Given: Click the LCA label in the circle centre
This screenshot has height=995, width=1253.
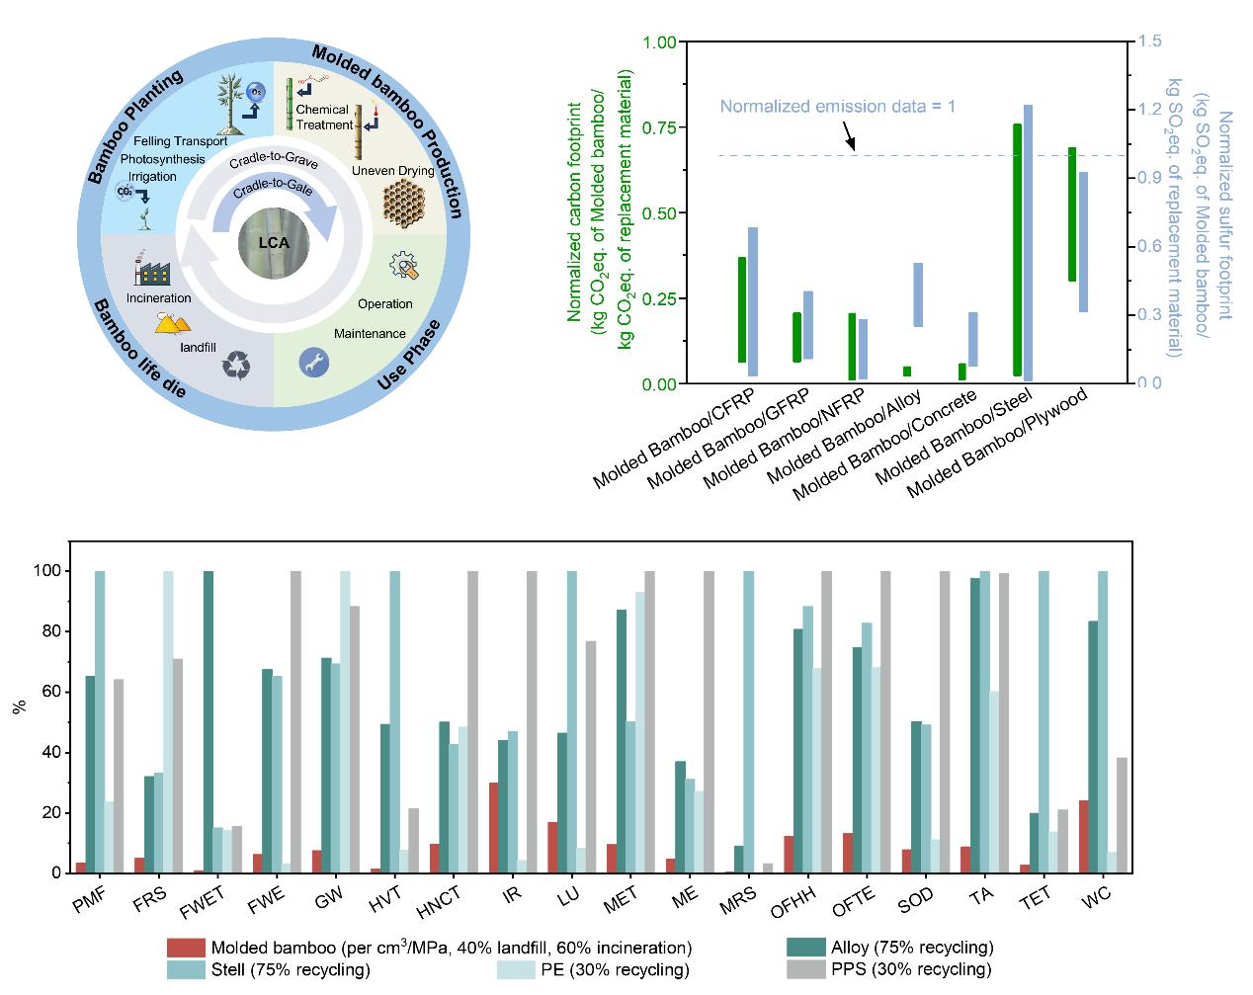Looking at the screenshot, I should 273,242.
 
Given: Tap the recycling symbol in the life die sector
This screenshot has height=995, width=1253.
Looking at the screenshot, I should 237,366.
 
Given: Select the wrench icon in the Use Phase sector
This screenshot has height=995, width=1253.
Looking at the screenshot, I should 313,363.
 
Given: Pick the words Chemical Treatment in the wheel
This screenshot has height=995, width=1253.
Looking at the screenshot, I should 323,118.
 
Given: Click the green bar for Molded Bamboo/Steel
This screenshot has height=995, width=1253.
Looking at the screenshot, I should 1017,250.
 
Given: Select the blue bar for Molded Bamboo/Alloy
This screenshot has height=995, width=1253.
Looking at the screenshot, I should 918,294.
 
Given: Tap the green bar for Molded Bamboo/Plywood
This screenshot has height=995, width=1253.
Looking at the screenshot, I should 1072,214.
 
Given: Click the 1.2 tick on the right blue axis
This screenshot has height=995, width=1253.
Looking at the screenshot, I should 1147,110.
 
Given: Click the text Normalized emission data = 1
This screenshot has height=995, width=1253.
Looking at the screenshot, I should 837,106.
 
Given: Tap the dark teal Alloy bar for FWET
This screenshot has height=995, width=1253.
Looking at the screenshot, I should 209,721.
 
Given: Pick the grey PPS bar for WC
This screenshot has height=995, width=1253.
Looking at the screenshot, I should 1122,815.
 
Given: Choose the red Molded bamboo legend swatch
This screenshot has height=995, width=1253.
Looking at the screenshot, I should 186,948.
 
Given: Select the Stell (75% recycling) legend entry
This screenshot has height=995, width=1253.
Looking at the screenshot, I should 291,969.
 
